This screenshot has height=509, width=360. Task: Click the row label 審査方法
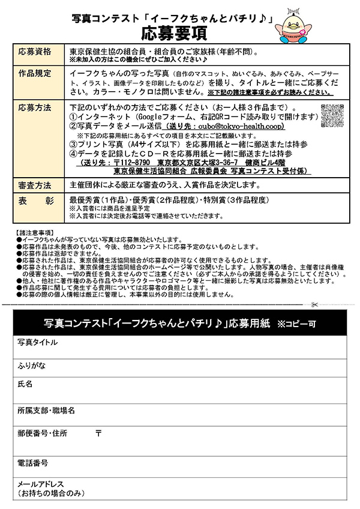pos(35,185)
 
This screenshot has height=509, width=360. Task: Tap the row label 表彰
pos(35,200)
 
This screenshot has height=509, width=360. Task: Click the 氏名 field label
pos(25,384)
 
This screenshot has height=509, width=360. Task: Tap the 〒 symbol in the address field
pos(98,433)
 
